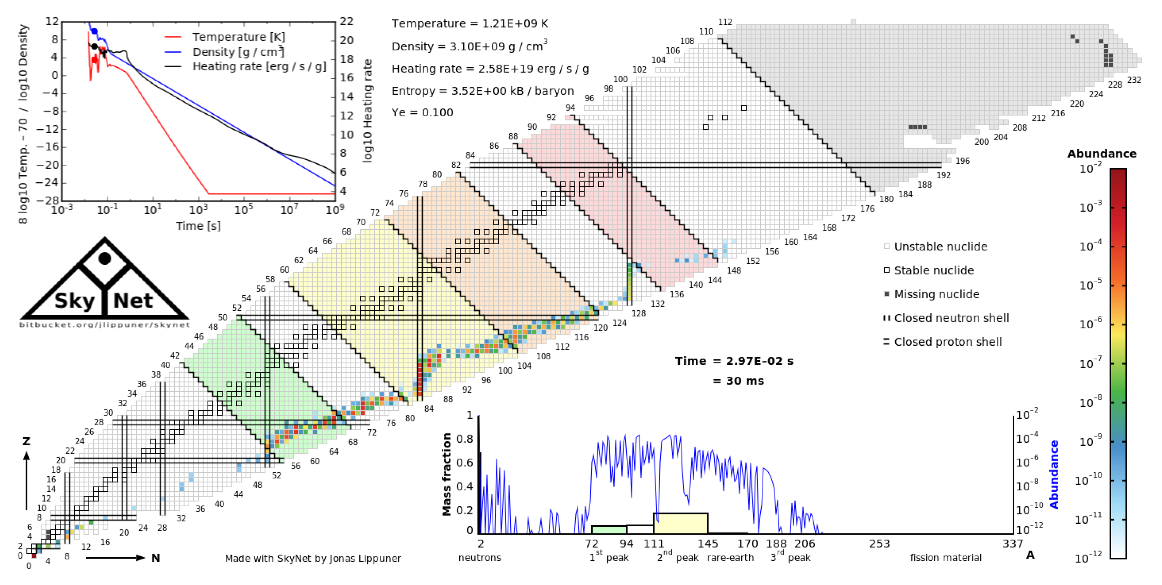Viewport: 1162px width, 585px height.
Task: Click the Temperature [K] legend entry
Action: (238, 36)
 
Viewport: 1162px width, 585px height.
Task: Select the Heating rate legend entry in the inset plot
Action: (259, 67)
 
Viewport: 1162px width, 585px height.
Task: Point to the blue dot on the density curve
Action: (94, 31)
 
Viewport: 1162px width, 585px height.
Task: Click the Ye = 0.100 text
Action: (422, 112)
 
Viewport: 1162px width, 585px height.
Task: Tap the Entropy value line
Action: (482, 91)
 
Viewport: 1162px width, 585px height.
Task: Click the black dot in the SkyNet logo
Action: (105, 259)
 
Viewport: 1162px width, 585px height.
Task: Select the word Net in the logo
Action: (133, 301)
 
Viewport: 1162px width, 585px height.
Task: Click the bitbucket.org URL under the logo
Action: (105, 325)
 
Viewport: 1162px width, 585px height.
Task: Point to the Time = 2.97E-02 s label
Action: (734, 361)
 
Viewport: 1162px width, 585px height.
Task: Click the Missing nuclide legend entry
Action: (936, 295)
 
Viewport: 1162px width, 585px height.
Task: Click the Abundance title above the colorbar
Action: (1101, 154)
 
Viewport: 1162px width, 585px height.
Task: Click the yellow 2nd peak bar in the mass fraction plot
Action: (680, 523)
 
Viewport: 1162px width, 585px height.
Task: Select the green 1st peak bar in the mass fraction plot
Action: (609, 530)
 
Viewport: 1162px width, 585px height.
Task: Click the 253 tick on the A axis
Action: (879, 544)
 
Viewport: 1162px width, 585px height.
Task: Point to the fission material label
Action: (946, 558)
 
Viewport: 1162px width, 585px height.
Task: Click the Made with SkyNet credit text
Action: (313, 558)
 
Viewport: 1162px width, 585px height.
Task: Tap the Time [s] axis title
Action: (198, 226)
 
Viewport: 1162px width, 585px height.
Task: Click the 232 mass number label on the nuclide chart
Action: (1134, 80)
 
